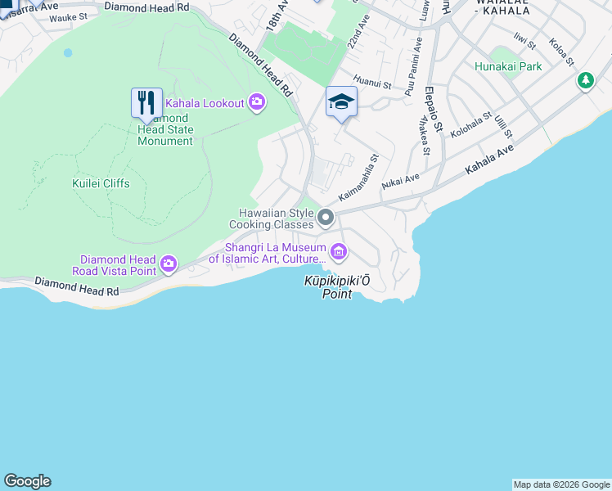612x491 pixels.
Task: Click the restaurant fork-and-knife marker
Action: click(146, 103)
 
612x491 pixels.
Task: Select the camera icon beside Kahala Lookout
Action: click(257, 102)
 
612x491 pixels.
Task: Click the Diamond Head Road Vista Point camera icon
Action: click(169, 263)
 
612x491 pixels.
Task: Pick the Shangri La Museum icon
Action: click(337, 250)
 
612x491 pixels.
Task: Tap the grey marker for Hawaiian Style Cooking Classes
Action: click(326, 217)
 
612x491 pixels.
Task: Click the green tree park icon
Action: click(585, 81)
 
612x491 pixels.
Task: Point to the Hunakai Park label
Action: click(507, 66)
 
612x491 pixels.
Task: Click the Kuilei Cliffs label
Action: click(101, 183)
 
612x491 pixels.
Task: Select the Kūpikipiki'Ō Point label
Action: click(337, 287)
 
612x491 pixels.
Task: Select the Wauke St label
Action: click(68, 17)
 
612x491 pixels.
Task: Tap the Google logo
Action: click(27, 481)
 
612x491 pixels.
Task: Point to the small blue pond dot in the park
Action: click(68, 52)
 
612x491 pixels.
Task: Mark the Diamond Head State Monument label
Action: click(165, 129)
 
